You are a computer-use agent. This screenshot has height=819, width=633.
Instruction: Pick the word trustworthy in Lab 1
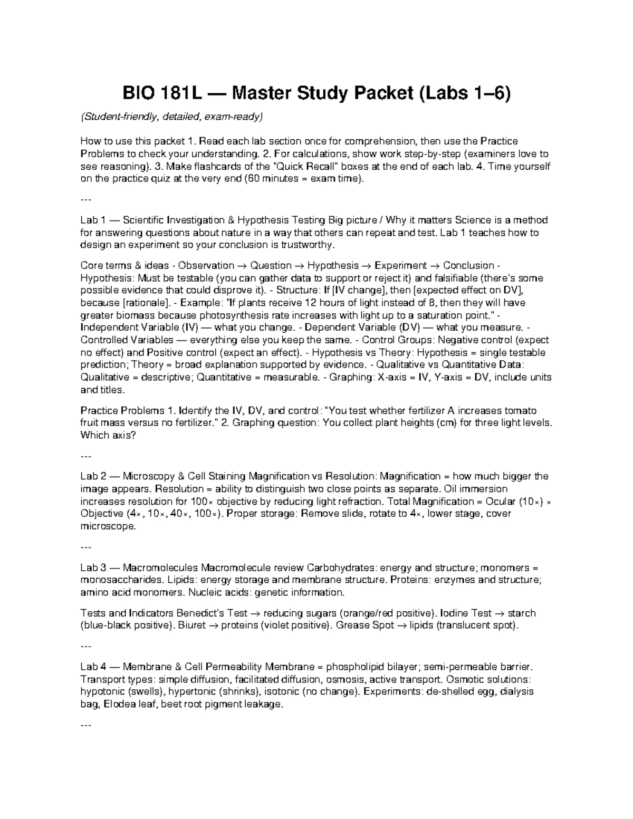click(x=307, y=245)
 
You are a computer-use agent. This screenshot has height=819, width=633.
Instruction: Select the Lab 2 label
click(x=93, y=476)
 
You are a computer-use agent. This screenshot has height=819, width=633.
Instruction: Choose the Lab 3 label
click(x=93, y=568)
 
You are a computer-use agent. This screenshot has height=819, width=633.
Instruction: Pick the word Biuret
click(x=192, y=626)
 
